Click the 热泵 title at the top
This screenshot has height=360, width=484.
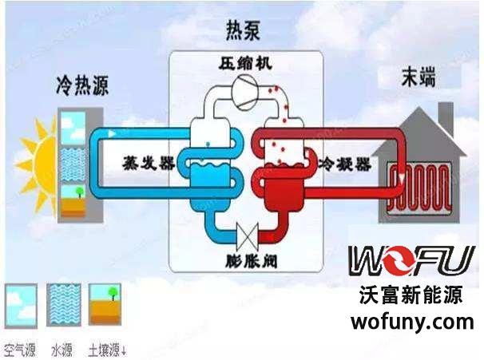coord(244,33)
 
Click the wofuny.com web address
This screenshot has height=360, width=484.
coord(412,322)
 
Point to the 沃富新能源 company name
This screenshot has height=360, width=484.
coord(411,296)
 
